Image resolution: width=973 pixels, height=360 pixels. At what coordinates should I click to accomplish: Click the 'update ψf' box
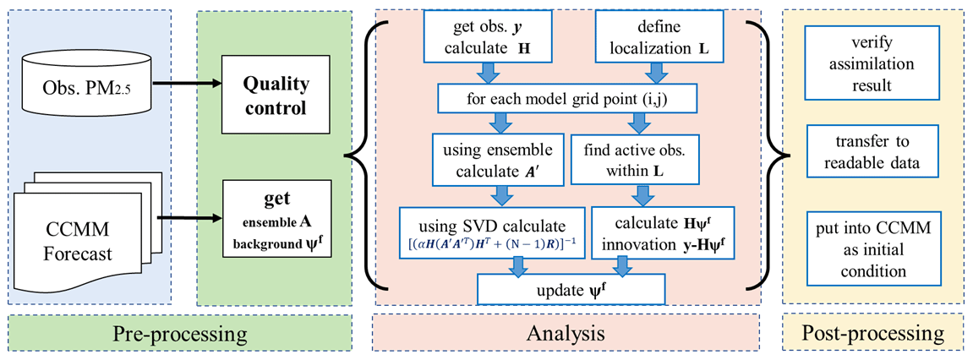(x=572, y=290)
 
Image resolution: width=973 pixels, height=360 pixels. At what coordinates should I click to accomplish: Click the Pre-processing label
(x=181, y=334)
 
